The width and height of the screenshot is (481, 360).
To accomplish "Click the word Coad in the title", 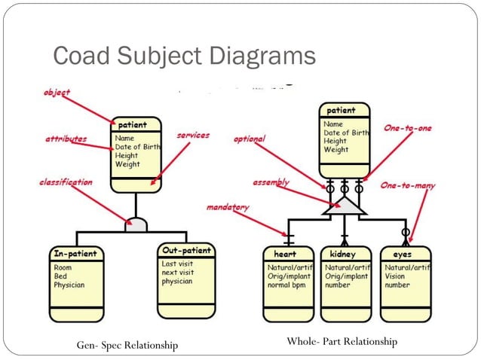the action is click(81, 55).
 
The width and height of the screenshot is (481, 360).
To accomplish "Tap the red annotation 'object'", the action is click(57, 92).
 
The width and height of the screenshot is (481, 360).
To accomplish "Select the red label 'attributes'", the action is click(66, 139).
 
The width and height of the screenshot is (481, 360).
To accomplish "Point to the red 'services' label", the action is click(193, 135).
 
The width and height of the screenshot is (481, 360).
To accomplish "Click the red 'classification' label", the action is click(66, 182).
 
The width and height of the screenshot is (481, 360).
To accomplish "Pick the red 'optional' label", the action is click(250, 139).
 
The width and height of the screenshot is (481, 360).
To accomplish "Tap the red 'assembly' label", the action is click(271, 182).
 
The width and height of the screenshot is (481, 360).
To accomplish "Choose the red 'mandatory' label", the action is click(228, 207).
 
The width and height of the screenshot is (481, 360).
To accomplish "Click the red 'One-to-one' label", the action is click(408, 128).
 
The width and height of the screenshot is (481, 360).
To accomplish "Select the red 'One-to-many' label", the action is click(408, 185).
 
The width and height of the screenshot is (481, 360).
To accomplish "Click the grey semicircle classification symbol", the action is click(136, 225).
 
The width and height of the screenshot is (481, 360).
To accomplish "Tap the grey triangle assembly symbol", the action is click(345, 206).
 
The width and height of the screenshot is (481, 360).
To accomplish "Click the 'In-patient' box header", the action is click(75, 254).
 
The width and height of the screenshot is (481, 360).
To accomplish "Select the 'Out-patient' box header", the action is click(186, 250).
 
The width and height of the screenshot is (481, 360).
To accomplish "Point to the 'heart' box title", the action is click(285, 254).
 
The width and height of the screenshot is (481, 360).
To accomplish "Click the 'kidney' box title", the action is click(342, 254).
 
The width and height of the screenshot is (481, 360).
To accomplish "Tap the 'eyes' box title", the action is click(402, 255).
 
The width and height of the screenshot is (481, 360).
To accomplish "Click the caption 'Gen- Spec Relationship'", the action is click(127, 345).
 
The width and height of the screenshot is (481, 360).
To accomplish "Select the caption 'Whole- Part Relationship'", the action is click(342, 341).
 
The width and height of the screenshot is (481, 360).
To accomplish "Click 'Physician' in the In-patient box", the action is click(69, 285).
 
